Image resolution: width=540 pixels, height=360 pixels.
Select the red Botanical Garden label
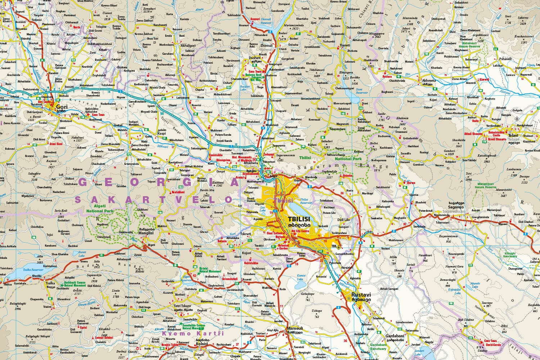point(283,247)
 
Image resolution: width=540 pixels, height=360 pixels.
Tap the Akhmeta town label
point(428,81)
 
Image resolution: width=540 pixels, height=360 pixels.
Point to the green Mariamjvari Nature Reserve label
point(485,185)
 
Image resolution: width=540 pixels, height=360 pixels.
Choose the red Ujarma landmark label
point(410,183)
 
